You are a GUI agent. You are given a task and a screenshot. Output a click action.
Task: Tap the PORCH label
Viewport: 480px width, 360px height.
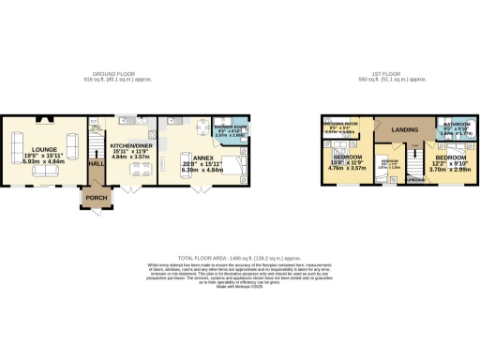[96, 198]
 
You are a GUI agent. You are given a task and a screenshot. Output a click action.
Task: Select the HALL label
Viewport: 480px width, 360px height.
[96, 162]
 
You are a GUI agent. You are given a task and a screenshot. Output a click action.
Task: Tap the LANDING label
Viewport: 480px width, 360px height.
[403, 128]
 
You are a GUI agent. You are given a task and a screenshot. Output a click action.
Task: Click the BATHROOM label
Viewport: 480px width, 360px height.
[457, 124]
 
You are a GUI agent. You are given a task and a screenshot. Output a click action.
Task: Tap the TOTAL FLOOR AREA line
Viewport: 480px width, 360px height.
[239, 256]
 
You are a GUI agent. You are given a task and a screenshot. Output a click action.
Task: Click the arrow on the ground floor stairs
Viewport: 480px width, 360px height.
[95, 141]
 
